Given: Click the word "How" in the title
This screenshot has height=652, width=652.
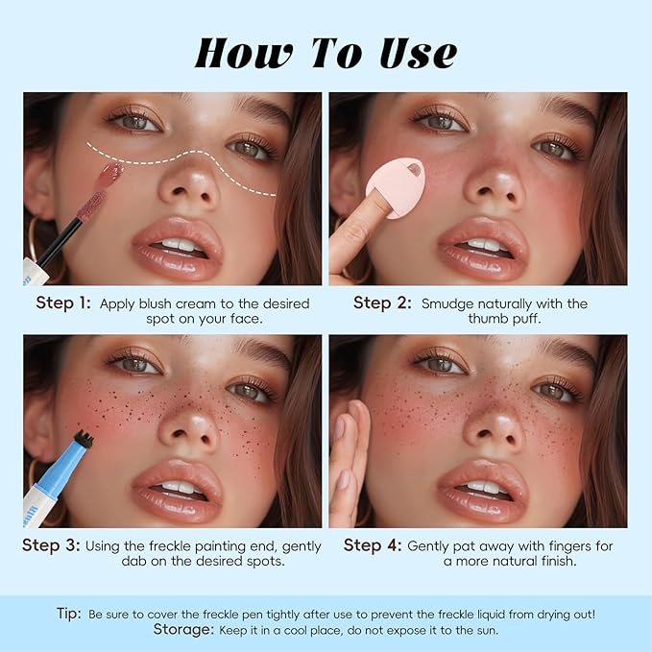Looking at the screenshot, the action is click(243, 54).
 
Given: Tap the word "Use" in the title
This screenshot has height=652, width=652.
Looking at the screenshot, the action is click(419, 54).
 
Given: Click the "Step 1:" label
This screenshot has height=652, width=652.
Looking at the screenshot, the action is click(63, 302).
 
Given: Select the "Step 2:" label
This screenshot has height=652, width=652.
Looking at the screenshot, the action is click(382, 302).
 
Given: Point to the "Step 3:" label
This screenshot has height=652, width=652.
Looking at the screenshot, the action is click(51, 545).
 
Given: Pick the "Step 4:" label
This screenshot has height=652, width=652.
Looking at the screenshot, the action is click(373, 545).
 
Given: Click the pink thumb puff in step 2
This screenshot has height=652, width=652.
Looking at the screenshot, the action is click(396, 187).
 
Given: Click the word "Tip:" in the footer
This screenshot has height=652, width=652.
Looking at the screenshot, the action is click(69, 614).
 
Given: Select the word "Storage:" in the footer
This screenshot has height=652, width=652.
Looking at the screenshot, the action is click(183, 629).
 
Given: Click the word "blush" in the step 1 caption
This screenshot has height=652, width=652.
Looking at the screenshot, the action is click(156, 303).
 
